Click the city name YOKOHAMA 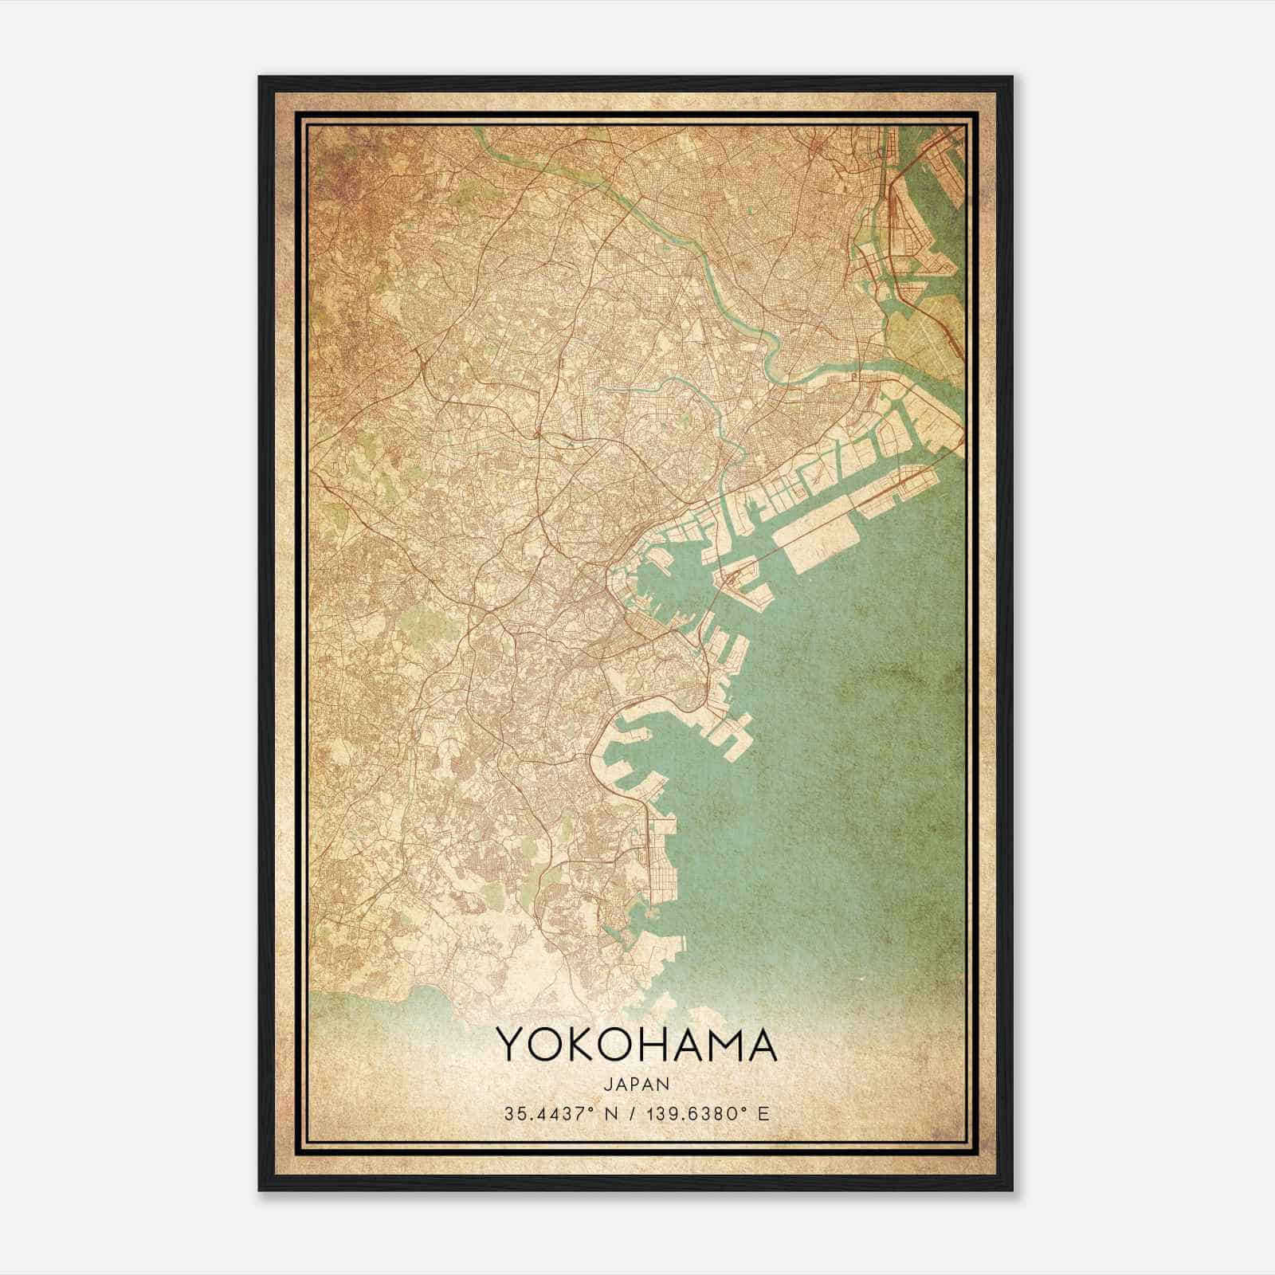[637, 1045]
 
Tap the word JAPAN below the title [637, 1084]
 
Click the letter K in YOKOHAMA [586, 1045]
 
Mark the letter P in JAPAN [636, 1084]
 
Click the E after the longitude [764, 1113]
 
